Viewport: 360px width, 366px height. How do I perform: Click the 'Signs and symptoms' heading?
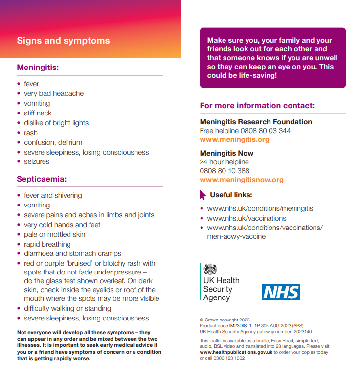[x=63, y=41]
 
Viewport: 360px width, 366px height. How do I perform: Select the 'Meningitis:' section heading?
[x=38, y=68]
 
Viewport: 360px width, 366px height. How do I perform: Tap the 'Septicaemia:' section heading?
[x=42, y=179]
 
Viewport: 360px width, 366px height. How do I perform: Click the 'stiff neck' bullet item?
[x=38, y=113]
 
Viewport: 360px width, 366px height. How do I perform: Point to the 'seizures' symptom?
[x=37, y=161]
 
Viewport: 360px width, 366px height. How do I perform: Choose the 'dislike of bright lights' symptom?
[x=56, y=123]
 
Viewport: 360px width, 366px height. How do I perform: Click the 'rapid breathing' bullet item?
[x=47, y=244]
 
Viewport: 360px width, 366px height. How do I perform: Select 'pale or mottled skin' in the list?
[x=54, y=234]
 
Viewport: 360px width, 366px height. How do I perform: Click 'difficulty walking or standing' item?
[x=67, y=308]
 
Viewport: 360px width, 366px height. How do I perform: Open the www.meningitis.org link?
[x=234, y=139]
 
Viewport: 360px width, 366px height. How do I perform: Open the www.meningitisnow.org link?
[x=242, y=180]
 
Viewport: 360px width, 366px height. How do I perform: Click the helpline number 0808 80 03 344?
[x=266, y=131]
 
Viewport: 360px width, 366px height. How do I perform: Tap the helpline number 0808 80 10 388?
[x=225, y=171]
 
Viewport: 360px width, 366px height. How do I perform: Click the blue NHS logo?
[x=281, y=292]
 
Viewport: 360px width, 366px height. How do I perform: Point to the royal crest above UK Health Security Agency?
[x=210, y=269]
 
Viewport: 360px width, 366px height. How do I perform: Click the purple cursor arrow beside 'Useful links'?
[x=203, y=195]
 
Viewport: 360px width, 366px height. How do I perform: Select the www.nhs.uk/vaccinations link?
[x=247, y=218]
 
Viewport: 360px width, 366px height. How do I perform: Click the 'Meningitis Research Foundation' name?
[x=256, y=122]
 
